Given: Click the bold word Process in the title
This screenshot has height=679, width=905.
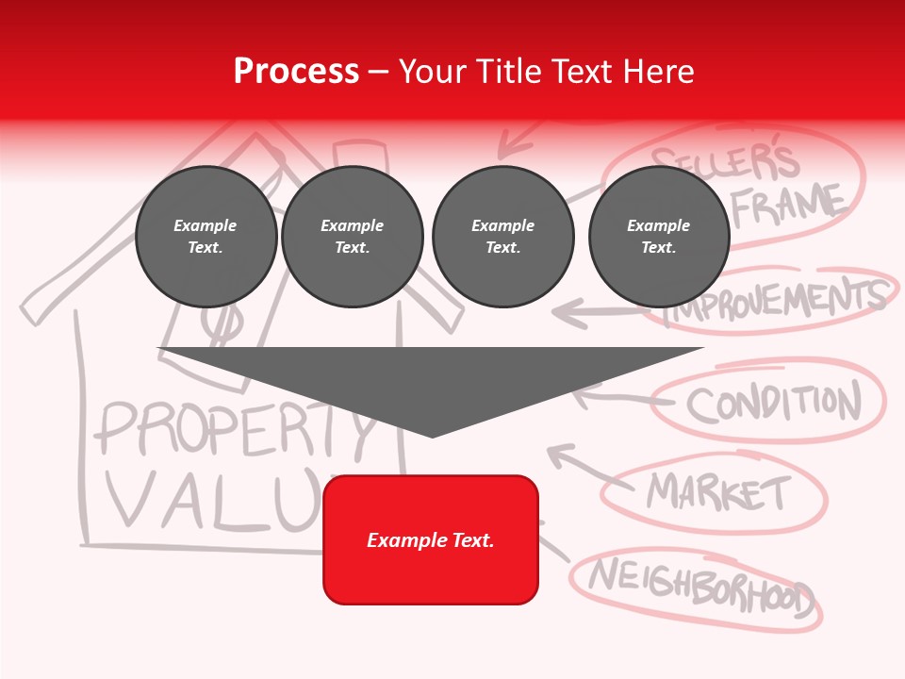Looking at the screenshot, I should point(296,72).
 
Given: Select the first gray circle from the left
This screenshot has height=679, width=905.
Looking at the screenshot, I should point(206,237).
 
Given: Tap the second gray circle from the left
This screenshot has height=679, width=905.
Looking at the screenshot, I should point(352,237).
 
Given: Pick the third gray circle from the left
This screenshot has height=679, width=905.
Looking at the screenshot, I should point(502,237).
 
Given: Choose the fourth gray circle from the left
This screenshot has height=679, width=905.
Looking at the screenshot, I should point(658,237).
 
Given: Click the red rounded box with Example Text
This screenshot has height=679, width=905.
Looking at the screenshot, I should point(431,539).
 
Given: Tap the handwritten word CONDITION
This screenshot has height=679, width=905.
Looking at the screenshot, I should point(773,404).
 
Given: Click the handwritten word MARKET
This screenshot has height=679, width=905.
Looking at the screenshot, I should point(718,491).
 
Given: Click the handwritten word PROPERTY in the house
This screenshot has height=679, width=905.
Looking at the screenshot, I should point(236,429).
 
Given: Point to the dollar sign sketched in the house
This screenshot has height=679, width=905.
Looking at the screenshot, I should point(224,325).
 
